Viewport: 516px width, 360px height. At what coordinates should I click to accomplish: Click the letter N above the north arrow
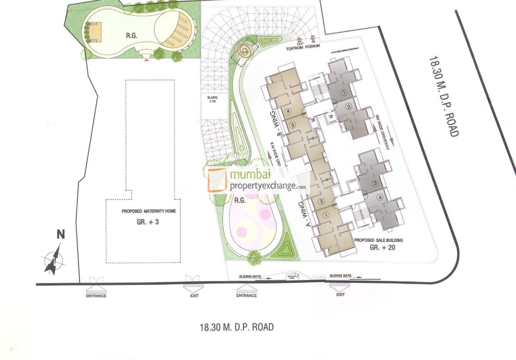point(60,234)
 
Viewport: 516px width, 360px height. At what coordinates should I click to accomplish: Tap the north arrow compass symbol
point(52,261)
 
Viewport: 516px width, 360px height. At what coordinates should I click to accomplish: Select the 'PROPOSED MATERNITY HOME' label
point(149,211)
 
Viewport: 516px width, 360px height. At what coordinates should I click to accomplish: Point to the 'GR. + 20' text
point(382,247)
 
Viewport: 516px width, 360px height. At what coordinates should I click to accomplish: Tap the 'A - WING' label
point(307,215)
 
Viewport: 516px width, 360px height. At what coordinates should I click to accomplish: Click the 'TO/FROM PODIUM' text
point(304,49)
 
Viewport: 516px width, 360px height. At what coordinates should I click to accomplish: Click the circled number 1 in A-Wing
point(326,215)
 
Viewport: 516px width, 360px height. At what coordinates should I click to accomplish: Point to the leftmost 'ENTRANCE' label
point(96,296)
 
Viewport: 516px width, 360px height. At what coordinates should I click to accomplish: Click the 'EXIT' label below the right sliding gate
point(340,295)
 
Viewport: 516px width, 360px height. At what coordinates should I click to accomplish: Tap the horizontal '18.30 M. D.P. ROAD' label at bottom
point(237,327)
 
